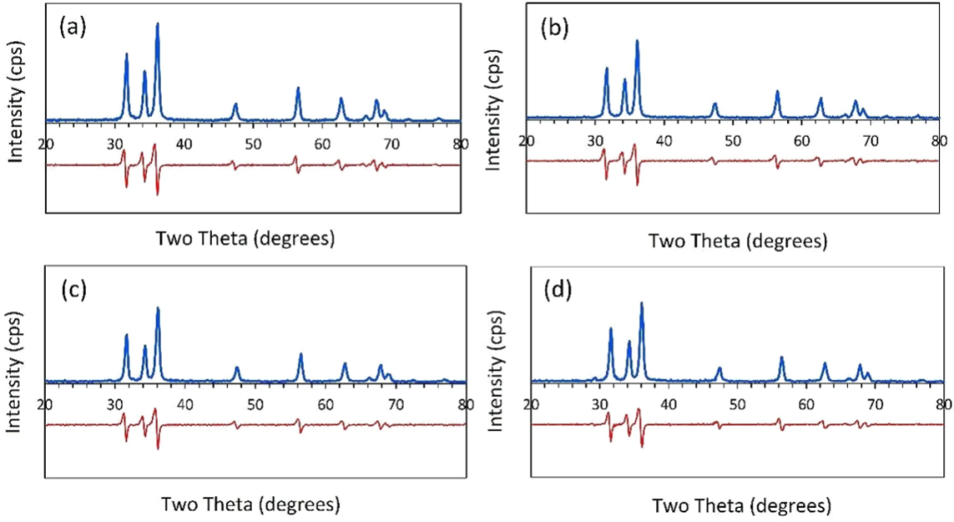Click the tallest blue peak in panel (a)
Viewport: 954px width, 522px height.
point(157,25)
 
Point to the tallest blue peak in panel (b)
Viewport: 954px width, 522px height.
point(637,42)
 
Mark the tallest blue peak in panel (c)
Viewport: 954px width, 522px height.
point(158,308)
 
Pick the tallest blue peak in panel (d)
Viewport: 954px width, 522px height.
point(641,304)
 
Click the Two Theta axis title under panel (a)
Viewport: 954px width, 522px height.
point(246,238)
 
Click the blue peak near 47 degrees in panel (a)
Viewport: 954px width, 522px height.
point(235,105)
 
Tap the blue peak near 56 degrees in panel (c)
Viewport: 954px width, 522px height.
point(300,355)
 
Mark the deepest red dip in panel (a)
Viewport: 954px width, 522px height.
point(157,193)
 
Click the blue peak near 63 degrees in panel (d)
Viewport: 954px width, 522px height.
point(825,364)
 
